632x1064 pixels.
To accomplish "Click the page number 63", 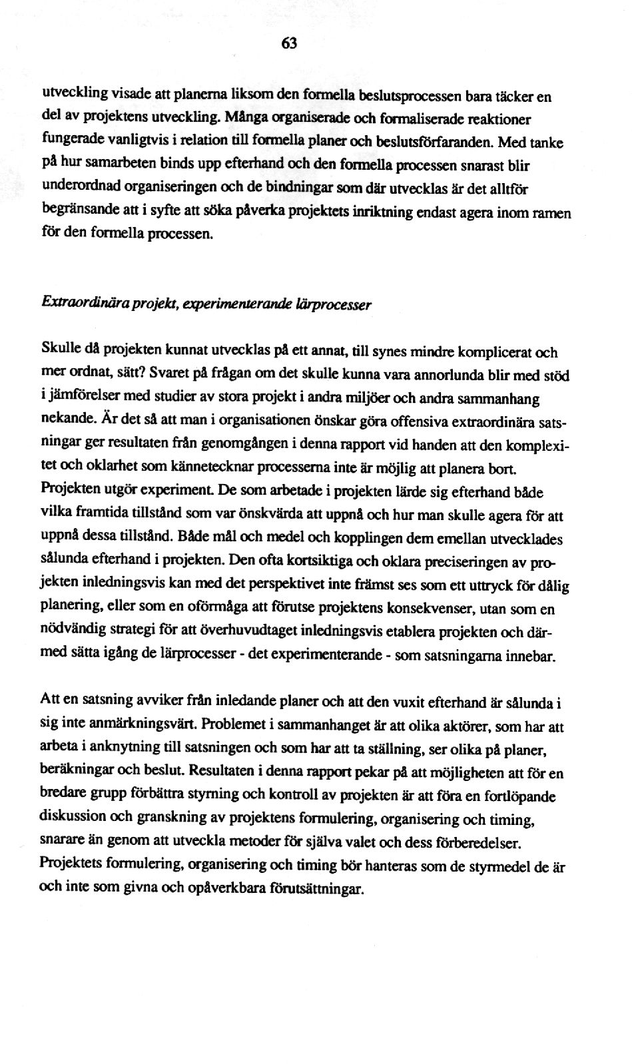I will coord(288,43).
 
